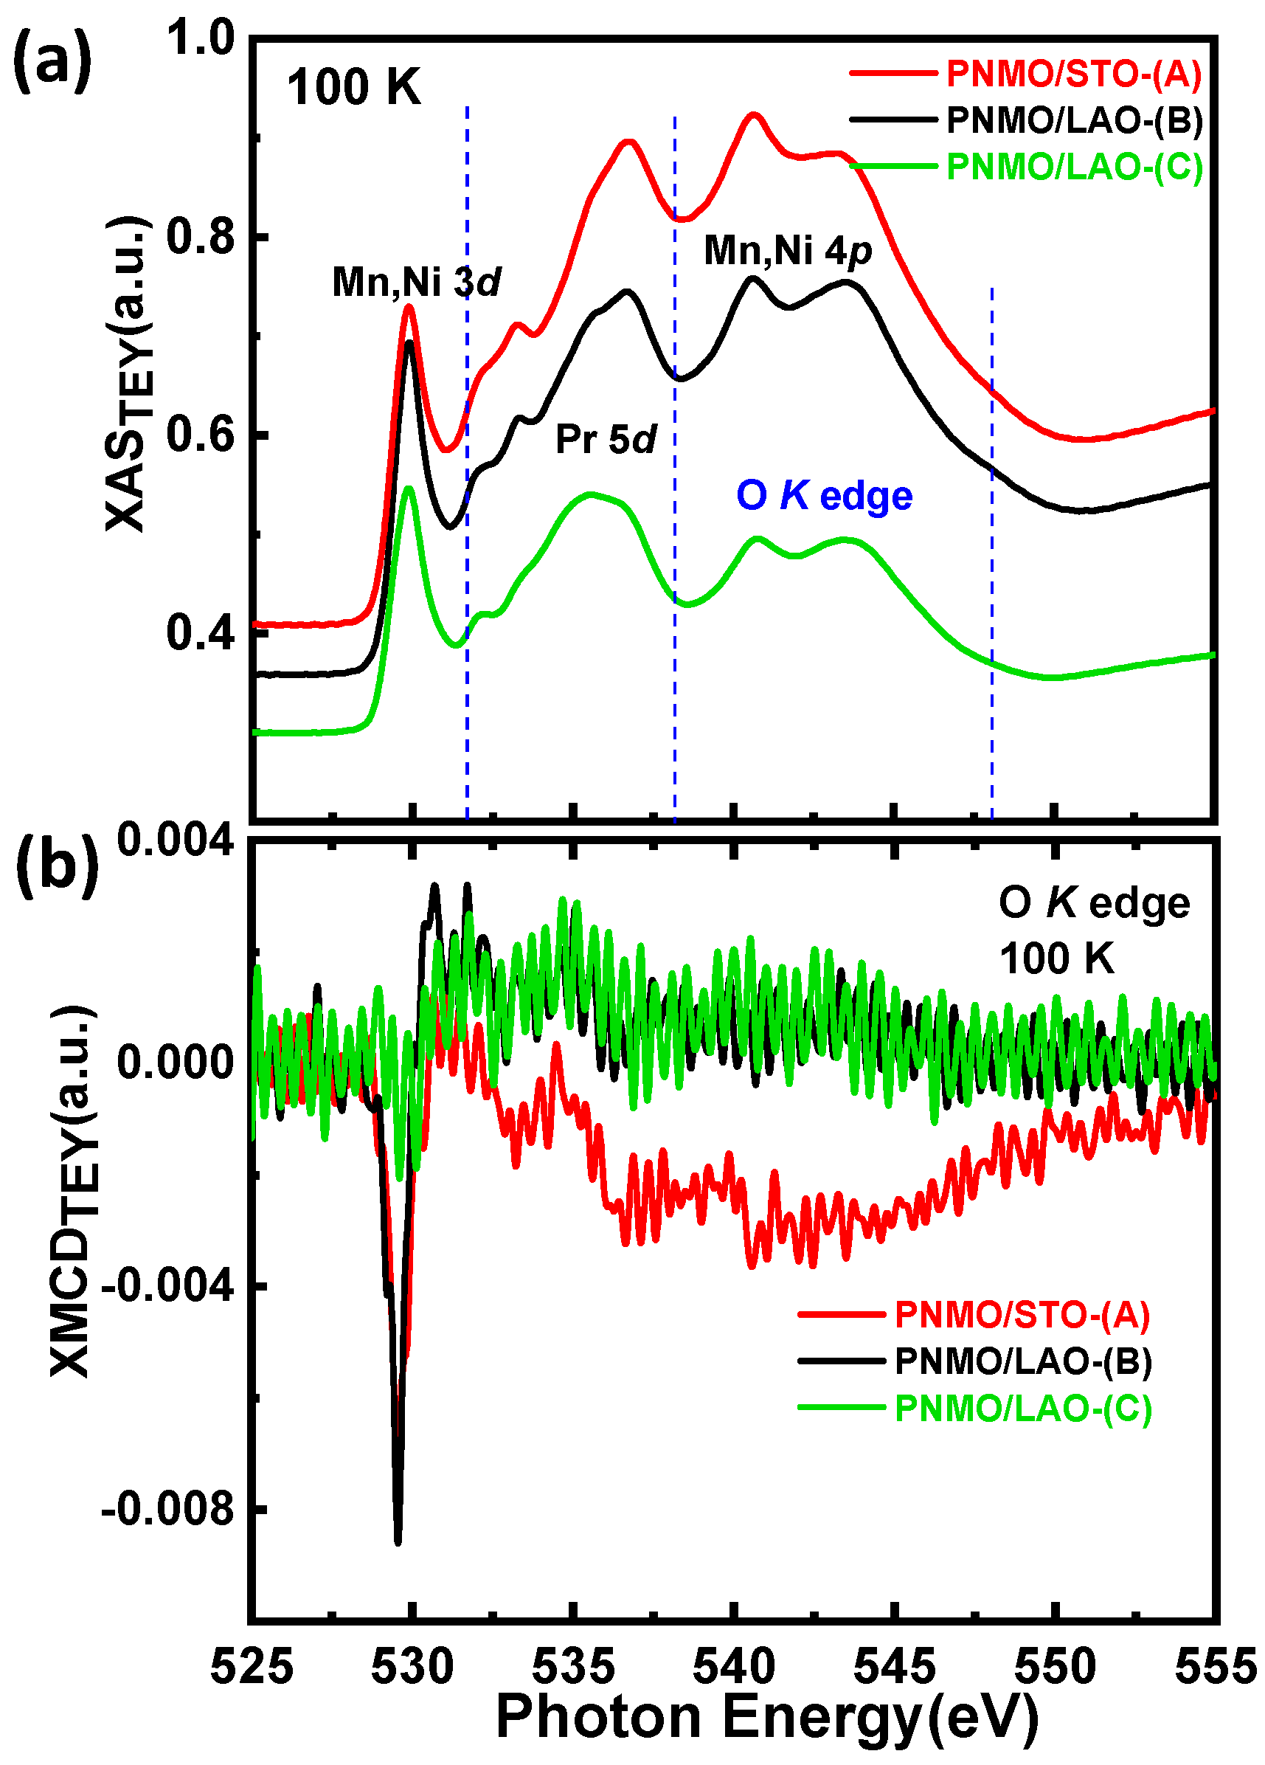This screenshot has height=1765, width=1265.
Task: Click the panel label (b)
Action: tap(58, 866)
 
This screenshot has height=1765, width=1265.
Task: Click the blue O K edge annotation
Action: tap(824, 496)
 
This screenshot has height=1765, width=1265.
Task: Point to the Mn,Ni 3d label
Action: tap(416, 282)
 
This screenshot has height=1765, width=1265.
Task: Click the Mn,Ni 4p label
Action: tap(787, 251)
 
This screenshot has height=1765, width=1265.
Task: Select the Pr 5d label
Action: tap(606, 440)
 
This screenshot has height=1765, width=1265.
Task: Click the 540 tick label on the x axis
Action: tap(734, 1667)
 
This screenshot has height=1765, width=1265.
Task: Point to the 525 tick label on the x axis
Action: tap(252, 1667)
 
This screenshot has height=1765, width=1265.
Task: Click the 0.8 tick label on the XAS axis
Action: tap(200, 237)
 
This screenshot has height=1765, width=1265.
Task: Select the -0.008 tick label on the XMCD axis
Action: tap(168, 1510)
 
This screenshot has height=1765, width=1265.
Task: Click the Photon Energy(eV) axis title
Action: tap(766, 1717)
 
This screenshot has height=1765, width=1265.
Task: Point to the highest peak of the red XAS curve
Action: tap(752, 115)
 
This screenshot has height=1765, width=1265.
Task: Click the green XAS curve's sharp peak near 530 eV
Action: tap(409, 488)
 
